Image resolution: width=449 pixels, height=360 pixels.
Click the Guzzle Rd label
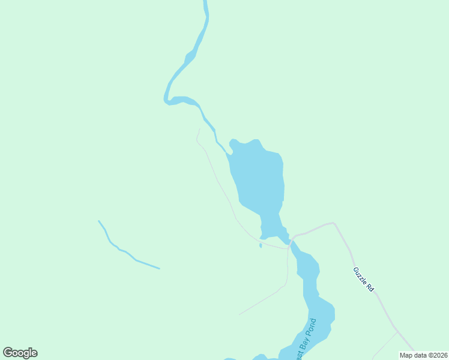[364, 280]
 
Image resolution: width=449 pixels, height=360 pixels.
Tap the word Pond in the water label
[310, 327]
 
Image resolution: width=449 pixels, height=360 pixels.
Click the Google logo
[20, 353]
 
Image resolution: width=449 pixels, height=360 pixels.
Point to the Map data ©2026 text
[423, 355]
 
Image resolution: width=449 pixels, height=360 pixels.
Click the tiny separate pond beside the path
[260, 245]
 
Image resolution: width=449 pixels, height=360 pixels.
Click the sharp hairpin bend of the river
[167, 100]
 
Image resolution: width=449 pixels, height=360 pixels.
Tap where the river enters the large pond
[229, 154]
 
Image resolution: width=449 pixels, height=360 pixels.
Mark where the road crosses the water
[290, 243]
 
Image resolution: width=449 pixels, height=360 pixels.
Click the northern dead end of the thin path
[199, 128]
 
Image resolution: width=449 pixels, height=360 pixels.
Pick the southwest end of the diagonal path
[240, 314]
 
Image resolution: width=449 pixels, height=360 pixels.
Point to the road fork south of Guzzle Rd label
[396, 331]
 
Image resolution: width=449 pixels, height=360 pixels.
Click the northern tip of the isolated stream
[99, 221]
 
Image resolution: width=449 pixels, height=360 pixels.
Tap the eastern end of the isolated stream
[159, 268]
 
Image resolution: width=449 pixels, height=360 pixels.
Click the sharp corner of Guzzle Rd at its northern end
[334, 223]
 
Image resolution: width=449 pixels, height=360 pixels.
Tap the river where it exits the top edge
[205, 2]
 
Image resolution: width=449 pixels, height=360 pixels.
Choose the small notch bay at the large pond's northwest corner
[232, 142]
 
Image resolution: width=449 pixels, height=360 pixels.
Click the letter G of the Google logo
[8, 353]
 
